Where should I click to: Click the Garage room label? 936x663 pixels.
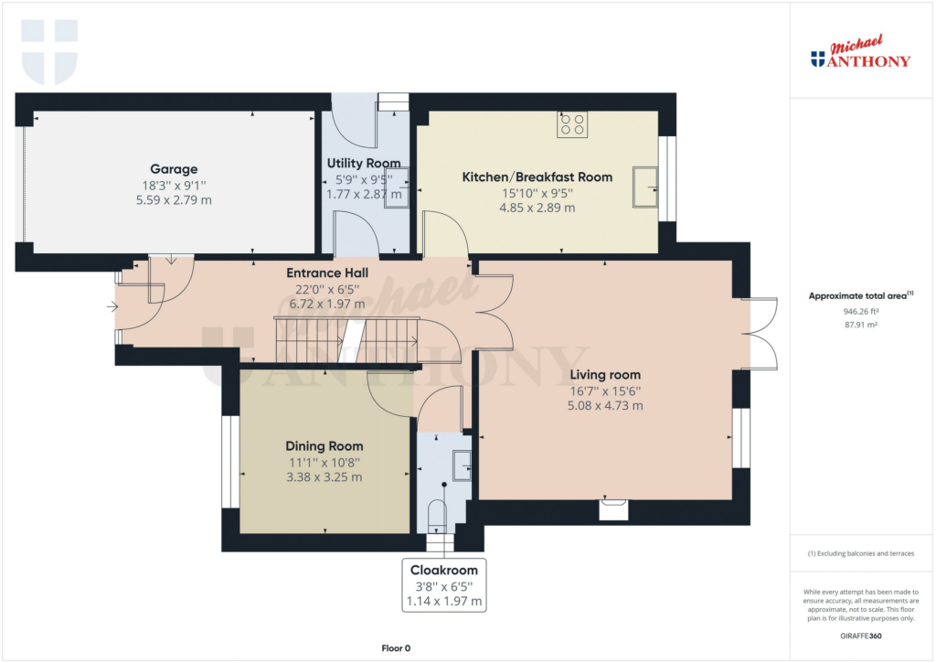pos(174,169)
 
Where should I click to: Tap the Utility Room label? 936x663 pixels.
pos(365,164)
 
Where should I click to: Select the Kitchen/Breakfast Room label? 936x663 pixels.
pos(537,176)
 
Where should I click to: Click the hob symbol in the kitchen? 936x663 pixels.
pos(572,124)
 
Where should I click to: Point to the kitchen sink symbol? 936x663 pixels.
pos(648,186)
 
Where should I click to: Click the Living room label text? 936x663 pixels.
pos(605,374)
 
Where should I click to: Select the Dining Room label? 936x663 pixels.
pos(324,446)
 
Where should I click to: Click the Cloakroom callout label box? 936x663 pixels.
pos(444,585)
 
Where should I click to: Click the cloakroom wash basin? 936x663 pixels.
pos(462,465)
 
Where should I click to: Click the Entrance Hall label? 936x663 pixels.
pos(326,273)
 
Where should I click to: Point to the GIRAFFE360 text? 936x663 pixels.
pos(862,636)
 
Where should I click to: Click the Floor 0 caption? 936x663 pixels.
pos(396,647)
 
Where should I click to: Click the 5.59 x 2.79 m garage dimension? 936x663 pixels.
pos(174,199)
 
